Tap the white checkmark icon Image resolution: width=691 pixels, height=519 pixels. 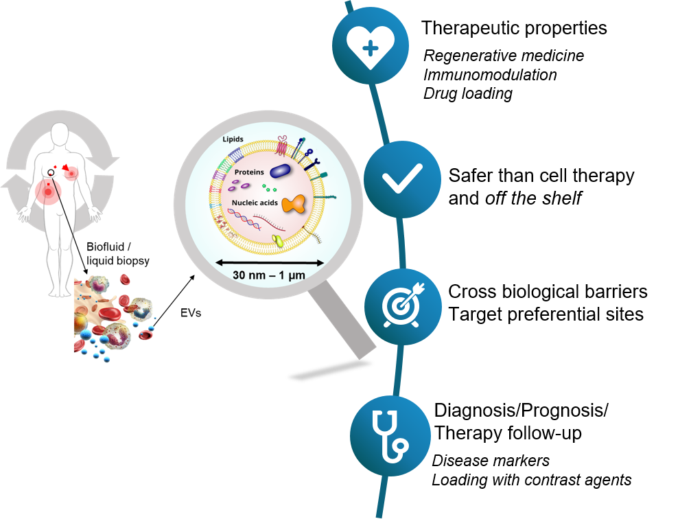tap(402, 180)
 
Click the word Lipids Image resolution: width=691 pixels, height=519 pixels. tap(233, 139)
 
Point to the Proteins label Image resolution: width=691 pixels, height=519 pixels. tap(249, 172)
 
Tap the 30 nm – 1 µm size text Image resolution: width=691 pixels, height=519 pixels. tap(269, 275)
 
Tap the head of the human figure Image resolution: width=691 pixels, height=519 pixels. tap(60, 135)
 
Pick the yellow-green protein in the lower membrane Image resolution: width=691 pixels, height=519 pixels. tap(278, 240)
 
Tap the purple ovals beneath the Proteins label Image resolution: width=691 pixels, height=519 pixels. tap(241, 184)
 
